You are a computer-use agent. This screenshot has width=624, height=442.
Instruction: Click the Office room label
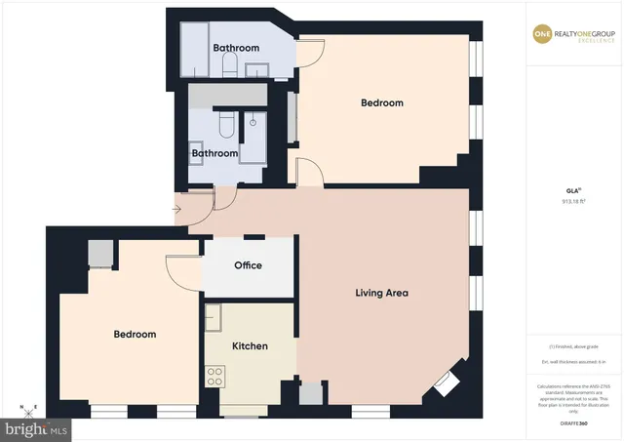click(x=249, y=265)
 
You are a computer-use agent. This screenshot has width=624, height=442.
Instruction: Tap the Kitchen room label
click(x=250, y=346)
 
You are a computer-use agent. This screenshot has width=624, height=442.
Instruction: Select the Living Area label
click(x=380, y=293)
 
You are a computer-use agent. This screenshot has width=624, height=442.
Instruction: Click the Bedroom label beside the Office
click(x=135, y=335)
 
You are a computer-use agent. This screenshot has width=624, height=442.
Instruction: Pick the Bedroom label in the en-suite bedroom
click(x=381, y=102)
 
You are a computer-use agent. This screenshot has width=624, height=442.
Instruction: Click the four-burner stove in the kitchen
click(x=215, y=376)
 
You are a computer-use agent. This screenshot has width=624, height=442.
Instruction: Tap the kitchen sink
click(x=214, y=318)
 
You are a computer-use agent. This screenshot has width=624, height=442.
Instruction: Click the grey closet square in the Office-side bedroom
click(x=100, y=254)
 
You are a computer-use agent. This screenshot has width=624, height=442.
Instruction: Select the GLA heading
click(x=571, y=191)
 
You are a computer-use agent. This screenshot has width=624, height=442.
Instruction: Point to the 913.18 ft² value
click(x=572, y=202)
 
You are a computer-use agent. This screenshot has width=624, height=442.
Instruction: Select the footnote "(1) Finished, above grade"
click(x=571, y=346)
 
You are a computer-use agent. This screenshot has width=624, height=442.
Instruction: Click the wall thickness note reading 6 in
click(x=571, y=362)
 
